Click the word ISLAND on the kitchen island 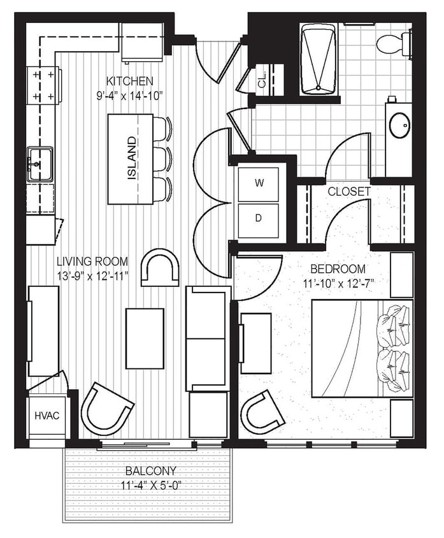pos(132,158)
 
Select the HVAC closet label pos(47,416)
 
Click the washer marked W pos(259,183)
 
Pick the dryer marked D pos(259,218)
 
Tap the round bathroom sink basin pos(399,125)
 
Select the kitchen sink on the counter pos(39,163)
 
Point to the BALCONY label pos(150,471)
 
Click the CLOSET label pos(348,191)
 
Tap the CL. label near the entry pos(262,81)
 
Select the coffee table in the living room pos(145,338)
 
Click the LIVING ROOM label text pos(92,261)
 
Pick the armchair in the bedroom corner pos(261,412)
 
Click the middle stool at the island pos(161,157)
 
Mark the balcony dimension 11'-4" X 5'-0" pos(150,485)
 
